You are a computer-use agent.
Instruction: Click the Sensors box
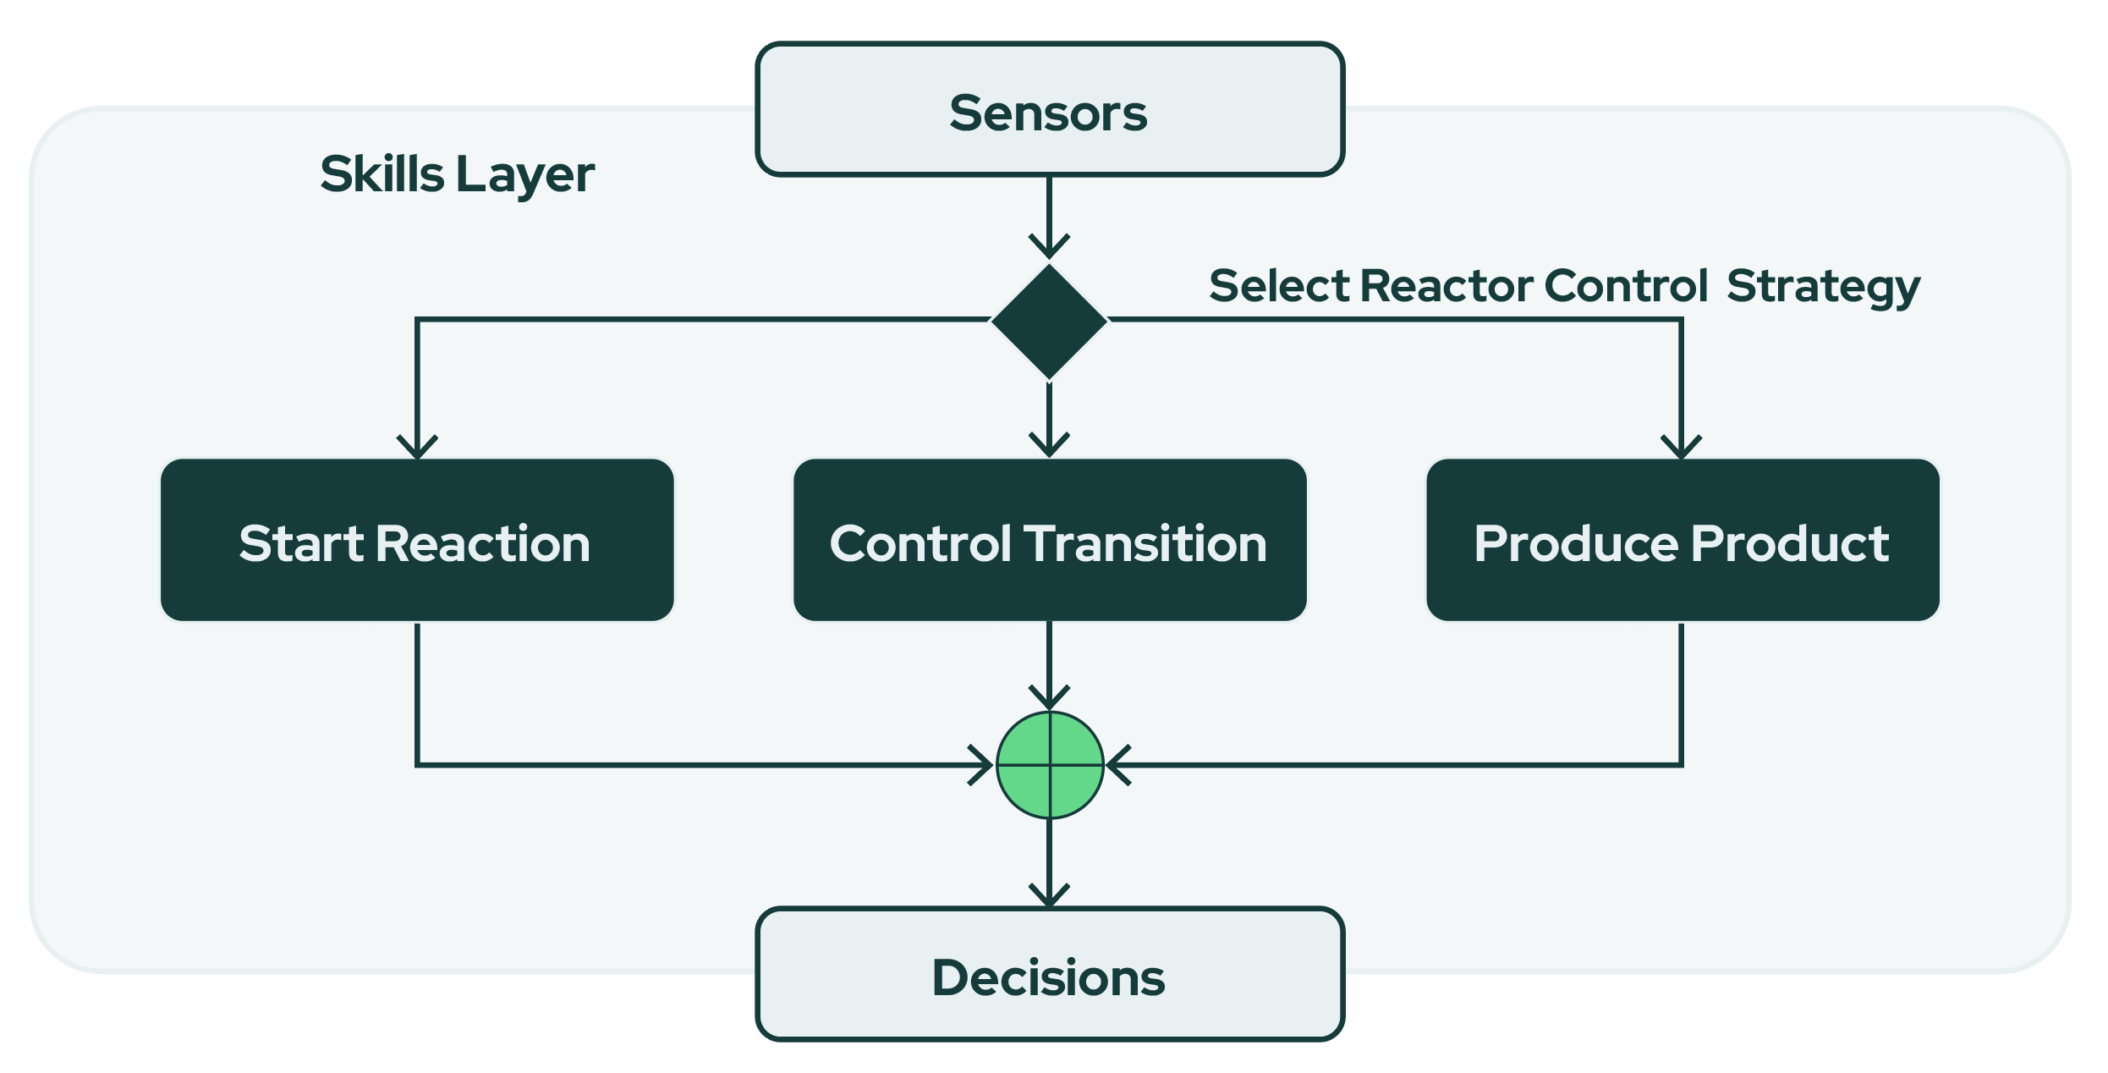click(1050, 110)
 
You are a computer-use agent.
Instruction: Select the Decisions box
click(1050, 975)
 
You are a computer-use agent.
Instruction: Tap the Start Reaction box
click(417, 541)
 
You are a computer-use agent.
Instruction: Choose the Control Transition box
click(1050, 541)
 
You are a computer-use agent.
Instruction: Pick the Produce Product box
click(1683, 541)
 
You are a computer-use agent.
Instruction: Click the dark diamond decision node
click(1049, 321)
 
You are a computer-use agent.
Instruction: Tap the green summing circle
click(1050, 765)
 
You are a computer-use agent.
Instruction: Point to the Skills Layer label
click(457, 175)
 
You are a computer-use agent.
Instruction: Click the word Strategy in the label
click(1823, 288)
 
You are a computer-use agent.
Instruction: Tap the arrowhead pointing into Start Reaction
click(417, 448)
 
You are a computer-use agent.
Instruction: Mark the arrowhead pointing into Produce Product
click(1681, 448)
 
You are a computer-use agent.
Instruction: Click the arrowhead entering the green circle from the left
click(981, 765)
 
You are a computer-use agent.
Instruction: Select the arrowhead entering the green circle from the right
click(1118, 765)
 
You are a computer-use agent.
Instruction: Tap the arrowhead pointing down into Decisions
click(1049, 896)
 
